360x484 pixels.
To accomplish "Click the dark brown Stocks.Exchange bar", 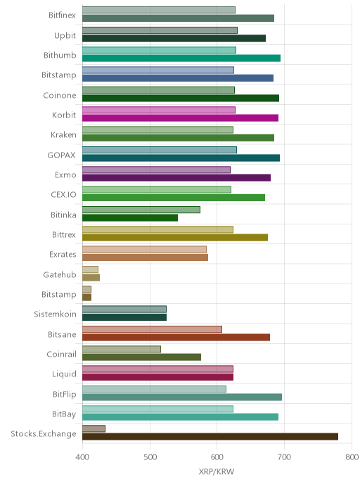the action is click(210, 436).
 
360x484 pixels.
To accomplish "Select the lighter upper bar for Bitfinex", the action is click(159, 10).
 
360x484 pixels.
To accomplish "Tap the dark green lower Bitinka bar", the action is click(130, 217).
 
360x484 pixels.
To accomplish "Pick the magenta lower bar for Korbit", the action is click(180, 118).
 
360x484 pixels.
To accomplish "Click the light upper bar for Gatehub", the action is click(91, 269).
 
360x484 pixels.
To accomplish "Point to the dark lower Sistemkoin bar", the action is click(124, 317).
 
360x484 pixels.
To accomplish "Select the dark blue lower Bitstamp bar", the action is click(178, 78).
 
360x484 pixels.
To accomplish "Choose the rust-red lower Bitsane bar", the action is click(176, 337).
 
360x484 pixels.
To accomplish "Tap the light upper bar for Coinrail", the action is click(122, 349).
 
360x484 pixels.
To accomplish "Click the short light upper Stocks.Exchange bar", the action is click(94, 428).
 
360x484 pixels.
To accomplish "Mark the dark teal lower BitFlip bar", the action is click(182, 397).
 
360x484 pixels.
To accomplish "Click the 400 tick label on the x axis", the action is click(82, 457).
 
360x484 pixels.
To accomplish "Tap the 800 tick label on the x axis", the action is click(352, 457).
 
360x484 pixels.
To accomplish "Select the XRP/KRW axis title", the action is click(217, 471).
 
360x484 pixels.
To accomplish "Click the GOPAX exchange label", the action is click(61, 155).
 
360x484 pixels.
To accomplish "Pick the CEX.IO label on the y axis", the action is click(63, 194).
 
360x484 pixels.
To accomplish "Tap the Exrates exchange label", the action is click(63, 255).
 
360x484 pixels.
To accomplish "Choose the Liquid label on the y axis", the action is click(64, 374).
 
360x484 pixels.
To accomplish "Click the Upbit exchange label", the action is click(65, 36).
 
